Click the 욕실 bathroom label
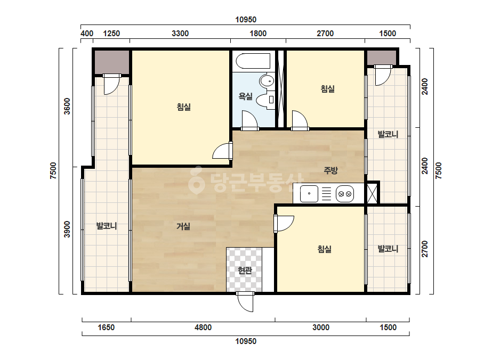pyautogui.click(x=245, y=96)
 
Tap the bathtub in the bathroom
pyautogui.click(x=253, y=61)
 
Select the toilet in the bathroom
pyautogui.click(x=265, y=100)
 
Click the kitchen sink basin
pyautogui.click(x=309, y=193)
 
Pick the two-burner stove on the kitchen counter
pyautogui.click(x=345, y=194)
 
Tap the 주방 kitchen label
pyautogui.click(x=330, y=170)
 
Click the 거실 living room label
pyautogui.click(x=183, y=226)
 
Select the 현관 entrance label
pyautogui.click(x=245, y=271)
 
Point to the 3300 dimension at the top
pyautogui.click(x=180, y=33)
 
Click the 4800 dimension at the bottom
pyautogui.click(x=203, y=328)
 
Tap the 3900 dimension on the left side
pyautogui.click(x=67, y=229)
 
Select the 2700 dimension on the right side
pyautogui.click(x=424, y=249)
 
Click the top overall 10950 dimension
pyautogui.click(x=246, y=20)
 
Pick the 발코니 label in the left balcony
pyautogui.click(x=107, y=226)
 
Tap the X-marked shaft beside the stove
pyautogui.click(x=372, y=193)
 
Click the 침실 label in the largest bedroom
pyautogui.click(x=183, y=107)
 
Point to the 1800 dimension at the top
pyautogui.click(x=258, y=33)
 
